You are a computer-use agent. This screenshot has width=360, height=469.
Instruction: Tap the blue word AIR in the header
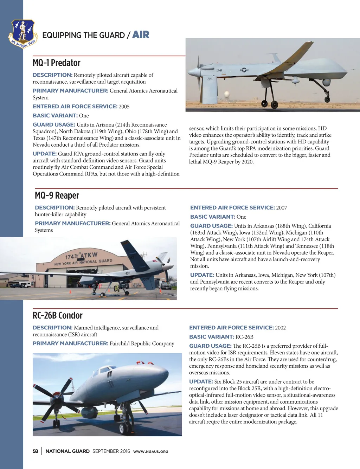pos(141,34)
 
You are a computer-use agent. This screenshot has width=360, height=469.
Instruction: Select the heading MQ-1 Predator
pos(57,63)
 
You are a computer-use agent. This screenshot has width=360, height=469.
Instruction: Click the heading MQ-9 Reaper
pos(57,195)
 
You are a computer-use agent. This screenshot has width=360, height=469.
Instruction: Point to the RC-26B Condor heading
pos(58,315)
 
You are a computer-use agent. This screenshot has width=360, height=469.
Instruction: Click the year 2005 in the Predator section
pos(124,107)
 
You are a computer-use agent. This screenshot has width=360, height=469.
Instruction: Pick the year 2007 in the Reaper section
pos(282,208)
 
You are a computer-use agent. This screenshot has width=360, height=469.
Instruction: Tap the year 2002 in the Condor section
pos(281,328)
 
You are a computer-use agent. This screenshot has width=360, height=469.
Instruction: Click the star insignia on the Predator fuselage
pos(244,70)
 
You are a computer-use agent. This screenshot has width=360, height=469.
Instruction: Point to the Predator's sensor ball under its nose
pos(326,83)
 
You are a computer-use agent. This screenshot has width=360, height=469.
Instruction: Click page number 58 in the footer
pos(36,451)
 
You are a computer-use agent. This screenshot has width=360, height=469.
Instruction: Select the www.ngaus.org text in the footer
pos(150,451)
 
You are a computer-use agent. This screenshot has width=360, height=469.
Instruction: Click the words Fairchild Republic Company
pos(142,343)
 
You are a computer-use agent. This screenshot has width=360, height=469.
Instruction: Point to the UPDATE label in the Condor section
pos(201,381)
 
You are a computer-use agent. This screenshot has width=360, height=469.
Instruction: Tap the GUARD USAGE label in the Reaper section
pos(211,226)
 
